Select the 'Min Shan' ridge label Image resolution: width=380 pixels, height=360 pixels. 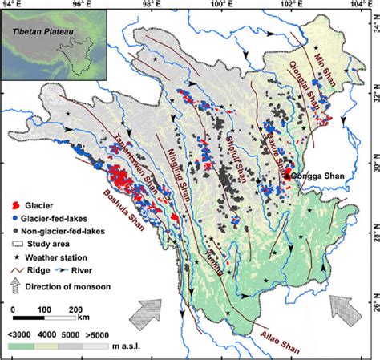349,61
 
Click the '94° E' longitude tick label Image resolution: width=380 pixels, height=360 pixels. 14,6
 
